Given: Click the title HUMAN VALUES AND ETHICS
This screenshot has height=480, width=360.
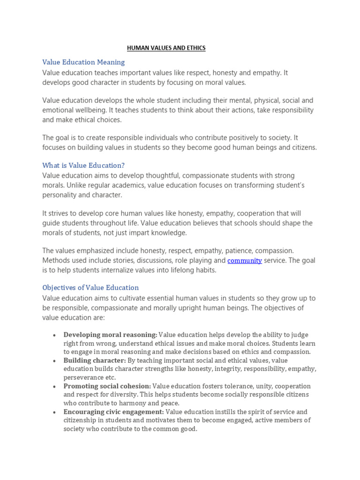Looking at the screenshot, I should click(x=166, y=48).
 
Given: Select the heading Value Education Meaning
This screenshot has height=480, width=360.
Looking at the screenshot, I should click(x=83, y=62).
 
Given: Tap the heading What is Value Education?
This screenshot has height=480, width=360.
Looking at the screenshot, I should click(x=83, y=165).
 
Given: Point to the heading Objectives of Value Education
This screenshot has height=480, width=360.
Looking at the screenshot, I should click(x=90, y=287).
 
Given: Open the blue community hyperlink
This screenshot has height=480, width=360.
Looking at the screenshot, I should click(x=245, y=261).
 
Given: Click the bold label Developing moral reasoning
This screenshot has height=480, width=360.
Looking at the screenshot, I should click(x=110, y=335).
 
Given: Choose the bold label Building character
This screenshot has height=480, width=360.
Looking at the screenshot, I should click(x=95, y=360).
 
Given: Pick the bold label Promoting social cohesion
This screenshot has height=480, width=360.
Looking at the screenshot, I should click(x=107, y=386).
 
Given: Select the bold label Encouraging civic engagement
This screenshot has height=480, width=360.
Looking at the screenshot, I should click(x=113, y=412).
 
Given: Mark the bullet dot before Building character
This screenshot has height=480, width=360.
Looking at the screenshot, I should click(x=55, y=361).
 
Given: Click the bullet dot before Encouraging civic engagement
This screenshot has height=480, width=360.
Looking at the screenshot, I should click(x=55, y=412).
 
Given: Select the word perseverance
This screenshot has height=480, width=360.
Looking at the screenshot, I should click(x=83, y=377).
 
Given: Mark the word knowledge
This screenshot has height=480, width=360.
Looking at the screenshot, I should click(x=169, y=233).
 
